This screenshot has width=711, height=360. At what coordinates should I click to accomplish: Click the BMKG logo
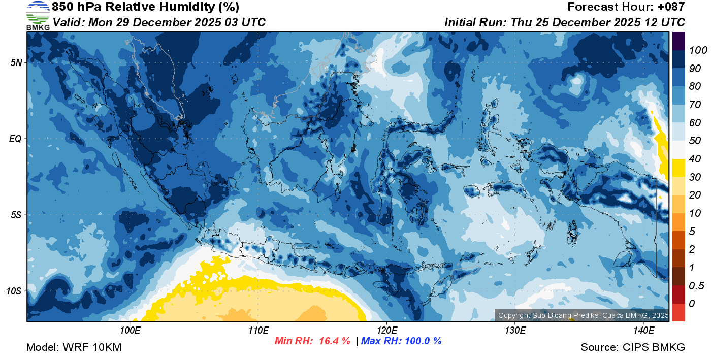[x=38, y=15]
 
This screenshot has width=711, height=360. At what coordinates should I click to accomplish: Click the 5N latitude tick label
[x=16, y=63]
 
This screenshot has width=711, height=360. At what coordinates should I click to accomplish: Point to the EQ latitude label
[x=15, y=139]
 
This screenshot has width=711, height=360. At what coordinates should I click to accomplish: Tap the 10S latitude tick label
[x=14, y=291]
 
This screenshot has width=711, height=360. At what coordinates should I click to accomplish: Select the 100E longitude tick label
[x=130, y=331]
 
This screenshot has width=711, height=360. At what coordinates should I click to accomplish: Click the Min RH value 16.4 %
[x=334, y=341]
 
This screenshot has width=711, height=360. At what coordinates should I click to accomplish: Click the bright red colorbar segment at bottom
[x=678, y=312]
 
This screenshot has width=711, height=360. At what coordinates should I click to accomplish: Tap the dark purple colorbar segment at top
[x=678, y=41]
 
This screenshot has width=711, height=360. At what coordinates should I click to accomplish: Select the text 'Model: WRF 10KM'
[x=74, y=347]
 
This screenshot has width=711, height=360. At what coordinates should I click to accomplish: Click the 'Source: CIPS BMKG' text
[x=633, y=347]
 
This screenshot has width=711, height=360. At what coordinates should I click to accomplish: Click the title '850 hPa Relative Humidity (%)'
[x=145, y=7]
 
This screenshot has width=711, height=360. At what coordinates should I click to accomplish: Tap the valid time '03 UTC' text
[x=246, y=22]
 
